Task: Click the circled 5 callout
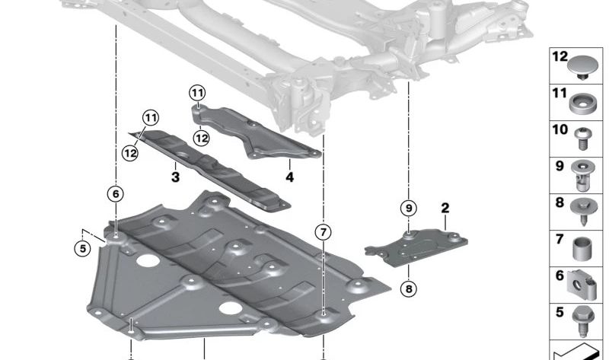click(82, 248)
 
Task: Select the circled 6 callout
click(116, 194)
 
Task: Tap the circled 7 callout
click(323, 232)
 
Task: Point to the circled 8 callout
click(409, 288)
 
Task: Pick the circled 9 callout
click(409, 209)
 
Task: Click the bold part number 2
click(445, 208)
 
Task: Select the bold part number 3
click(176, 177)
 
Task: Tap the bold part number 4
click(290, 177)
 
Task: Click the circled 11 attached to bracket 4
click(197, 93)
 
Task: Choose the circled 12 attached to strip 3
click(130, 153)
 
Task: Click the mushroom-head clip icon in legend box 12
click(581, 67)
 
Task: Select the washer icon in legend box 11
click(582, 104)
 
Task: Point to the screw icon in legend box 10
click(582, 139)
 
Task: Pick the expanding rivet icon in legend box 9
click(582, 176)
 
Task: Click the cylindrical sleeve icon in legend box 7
click(582, 249)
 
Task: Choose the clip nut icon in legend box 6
click(582, 285)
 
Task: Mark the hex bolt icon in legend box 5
click(583, 321)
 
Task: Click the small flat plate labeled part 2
click(416, 247)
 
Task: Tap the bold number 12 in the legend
click(560, 56)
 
